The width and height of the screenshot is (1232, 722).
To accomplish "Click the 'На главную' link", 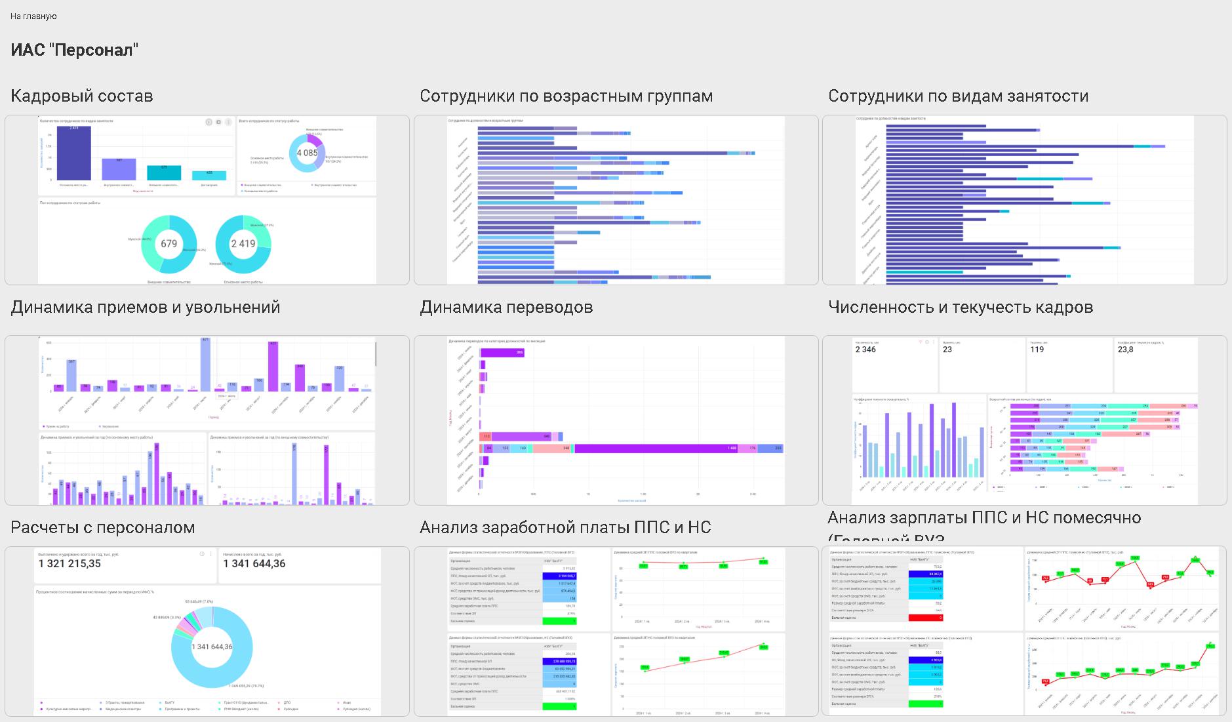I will pyautogui.click(x=33, y=16).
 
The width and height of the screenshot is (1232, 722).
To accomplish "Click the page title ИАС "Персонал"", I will pyautogui.click(x=74, y=50).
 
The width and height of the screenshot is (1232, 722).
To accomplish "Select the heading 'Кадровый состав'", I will pyautogui.click(x=82, y=96).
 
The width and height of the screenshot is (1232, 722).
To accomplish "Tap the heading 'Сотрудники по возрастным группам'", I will pyautogui.click(x=566, y=96).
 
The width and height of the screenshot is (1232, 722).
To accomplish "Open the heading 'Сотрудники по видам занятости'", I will pyautogui.click(x=958, y=96).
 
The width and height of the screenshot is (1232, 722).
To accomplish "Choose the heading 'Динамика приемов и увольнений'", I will pyautogui.click(x=146, y=307).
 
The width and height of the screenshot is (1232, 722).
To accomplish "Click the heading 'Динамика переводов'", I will pyautogui.click(x=506, y=307).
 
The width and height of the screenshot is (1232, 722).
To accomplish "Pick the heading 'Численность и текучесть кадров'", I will pyautogui.click(x=961, y=307).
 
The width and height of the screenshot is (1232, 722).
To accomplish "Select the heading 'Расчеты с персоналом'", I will pyautogui.click(x=103, y=527).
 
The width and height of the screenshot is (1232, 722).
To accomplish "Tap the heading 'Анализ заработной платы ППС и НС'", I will pyautogui.click(x=565, y=527).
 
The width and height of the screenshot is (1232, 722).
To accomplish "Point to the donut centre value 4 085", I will pyautogui.click(x=307, y=153).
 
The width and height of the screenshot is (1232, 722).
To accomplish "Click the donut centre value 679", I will pyautogui.click(x=169, y=243).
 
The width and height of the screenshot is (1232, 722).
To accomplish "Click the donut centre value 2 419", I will pyautogui.click(x=243, y=243).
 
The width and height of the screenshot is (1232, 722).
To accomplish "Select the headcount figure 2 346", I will pyautogui.click(x=865, y=350).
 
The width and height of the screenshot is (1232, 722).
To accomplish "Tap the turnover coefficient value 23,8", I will pyautogui.click(x=1125, y=350).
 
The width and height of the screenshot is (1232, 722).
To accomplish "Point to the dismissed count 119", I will pyautogui.click(x=1037, y=350).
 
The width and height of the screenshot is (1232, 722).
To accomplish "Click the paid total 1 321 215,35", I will pyautogui.click(x=70, y=563).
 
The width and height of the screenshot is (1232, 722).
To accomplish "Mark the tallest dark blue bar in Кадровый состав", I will pyautogui.click(x=74, y=153).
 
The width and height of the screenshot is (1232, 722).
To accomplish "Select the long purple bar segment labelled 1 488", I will pyautogui.click(x=656, y=449).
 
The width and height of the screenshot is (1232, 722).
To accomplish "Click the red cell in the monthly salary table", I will pyautogui.click(x=925, y=618).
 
